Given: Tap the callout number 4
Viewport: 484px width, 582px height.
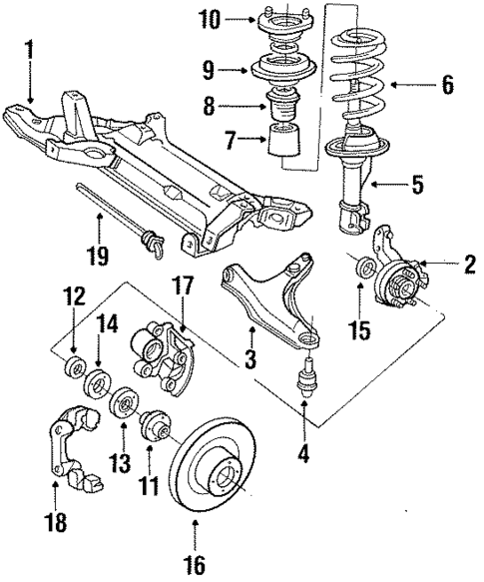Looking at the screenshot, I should point(303,452).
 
